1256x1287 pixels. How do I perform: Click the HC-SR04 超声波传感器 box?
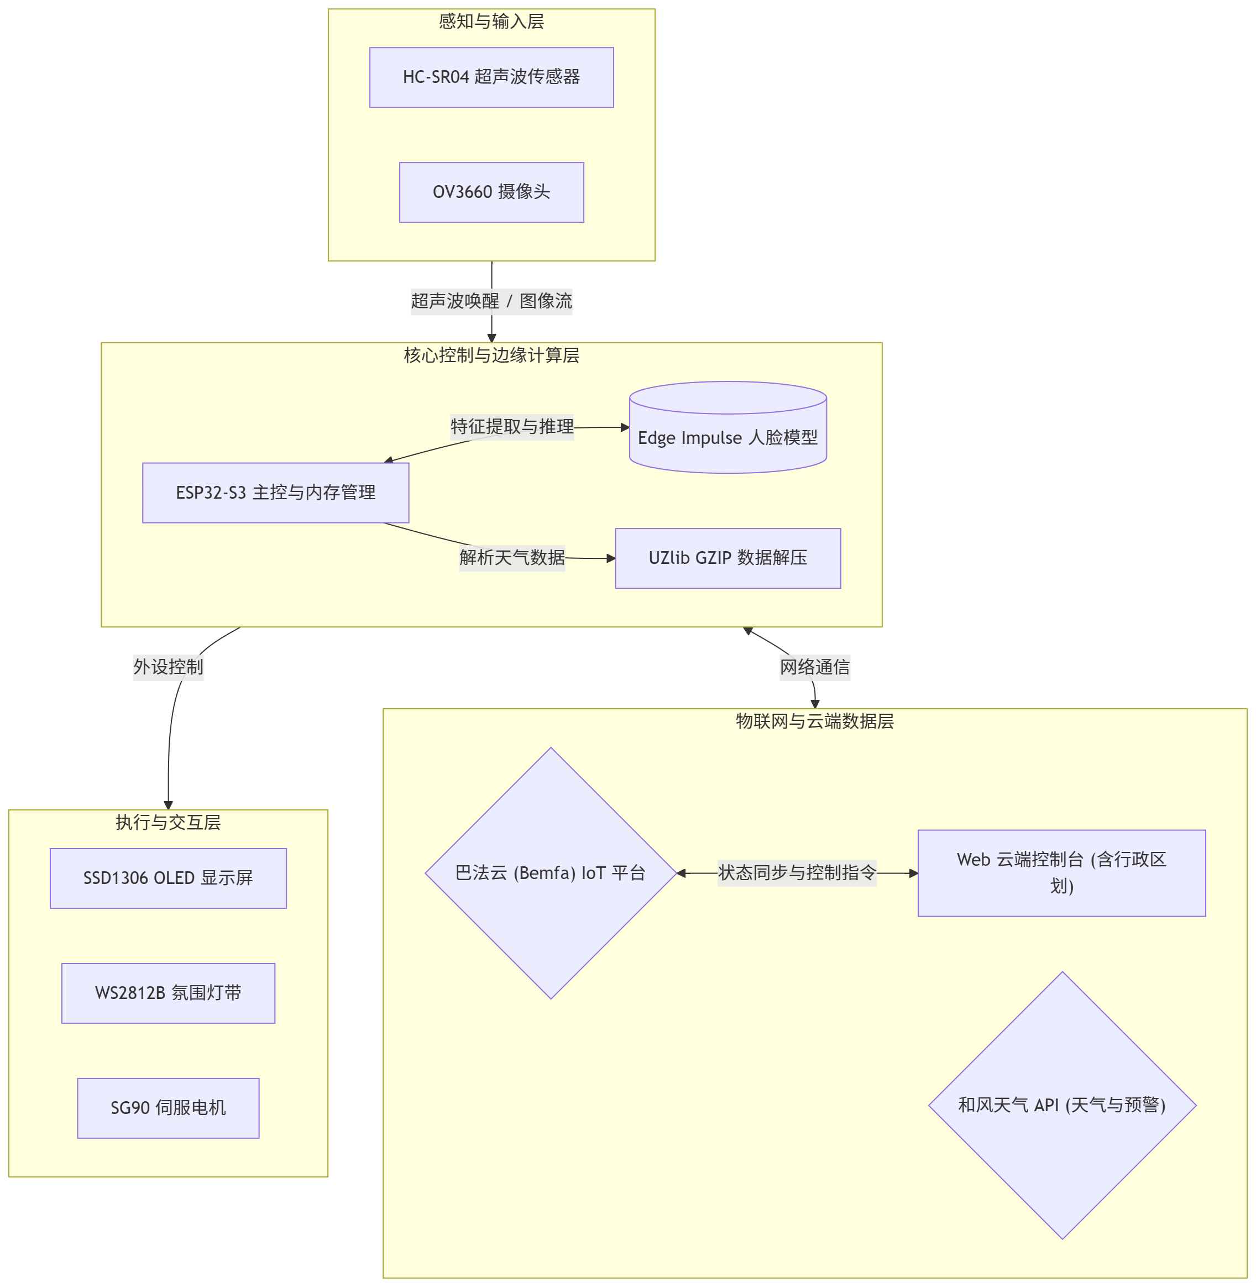point(491,77)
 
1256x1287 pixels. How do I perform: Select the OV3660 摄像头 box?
point(491,192)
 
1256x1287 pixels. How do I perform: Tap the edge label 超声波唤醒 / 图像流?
point(491,301)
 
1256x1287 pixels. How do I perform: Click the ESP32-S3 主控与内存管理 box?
point(276,493)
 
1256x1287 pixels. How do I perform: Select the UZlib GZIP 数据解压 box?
point(728,558)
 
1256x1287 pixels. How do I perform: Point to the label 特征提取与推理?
point(512,427)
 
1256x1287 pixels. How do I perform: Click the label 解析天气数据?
point(512,557)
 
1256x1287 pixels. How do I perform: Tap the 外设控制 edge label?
point(168,667)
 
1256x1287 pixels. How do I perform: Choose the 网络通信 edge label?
point(815,667)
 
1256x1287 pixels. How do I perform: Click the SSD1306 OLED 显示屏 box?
point(168,878)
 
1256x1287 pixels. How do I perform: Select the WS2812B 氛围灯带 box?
point(168,993)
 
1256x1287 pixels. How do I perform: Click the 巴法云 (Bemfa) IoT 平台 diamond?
point(551,873)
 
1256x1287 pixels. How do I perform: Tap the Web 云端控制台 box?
point(1061,873)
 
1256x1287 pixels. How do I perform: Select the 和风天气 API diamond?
point(1062,1105)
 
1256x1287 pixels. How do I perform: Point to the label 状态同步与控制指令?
point(797,873)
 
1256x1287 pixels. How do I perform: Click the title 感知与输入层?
point(491,22)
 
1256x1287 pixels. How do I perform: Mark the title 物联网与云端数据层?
point(815,721)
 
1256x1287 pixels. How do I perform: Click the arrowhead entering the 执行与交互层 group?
point(168,805)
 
